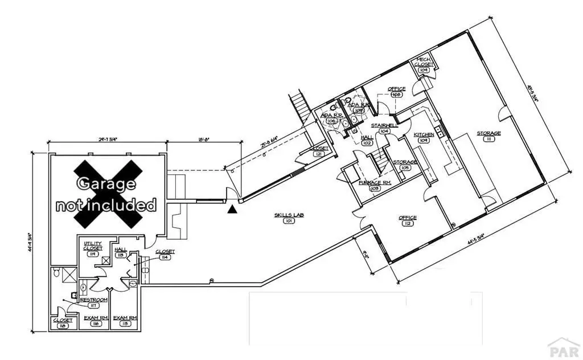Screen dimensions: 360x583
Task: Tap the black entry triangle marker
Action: pyautogui.click(x=232, y=210)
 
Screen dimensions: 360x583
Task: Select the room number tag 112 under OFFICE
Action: pyautogui.click(x=408, y=224)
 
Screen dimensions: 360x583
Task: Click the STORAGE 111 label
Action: pyautogui.click(x=488, y=134)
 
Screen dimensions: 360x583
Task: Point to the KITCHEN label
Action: pyautogui.click(x=424, y=134)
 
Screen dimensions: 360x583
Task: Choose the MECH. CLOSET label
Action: pyautogui.click(x=425, y=62)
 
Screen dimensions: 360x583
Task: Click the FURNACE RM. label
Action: pyautogui.click(x=374, y=182)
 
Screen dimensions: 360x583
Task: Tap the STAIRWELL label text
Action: pyautogui.click(x=384, y=125)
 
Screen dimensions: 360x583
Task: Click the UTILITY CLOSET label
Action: pyautogui.click(x=92, y=246)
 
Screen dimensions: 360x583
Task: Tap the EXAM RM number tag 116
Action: pyautogui.click(x=96, y=324)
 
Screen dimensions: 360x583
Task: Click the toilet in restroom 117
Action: pyautogui.click(x=56, y=275)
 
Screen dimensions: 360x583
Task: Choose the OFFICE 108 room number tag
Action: pyautogui.click(x=396, y=95)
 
